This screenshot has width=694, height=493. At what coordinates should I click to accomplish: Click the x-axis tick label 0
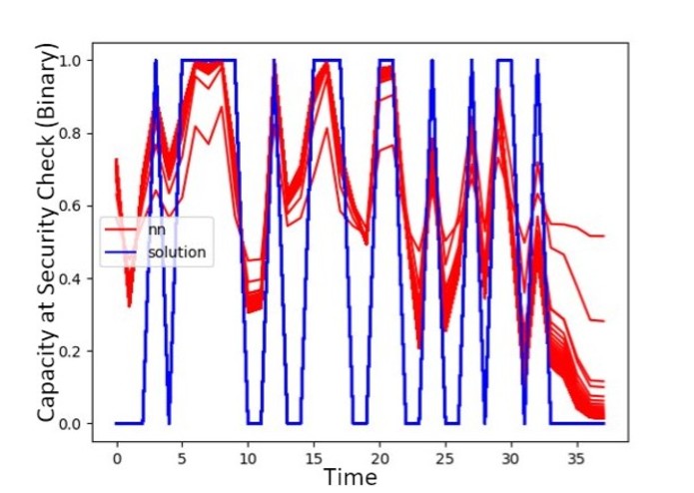[x=117, y=458]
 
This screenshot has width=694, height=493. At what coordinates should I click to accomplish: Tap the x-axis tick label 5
[x=183, y=458]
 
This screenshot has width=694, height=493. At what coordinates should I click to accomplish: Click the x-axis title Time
[x=349, y=478]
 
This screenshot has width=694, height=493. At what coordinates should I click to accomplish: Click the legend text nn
[x=154, y=231]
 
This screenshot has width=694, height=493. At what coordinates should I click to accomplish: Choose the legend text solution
[x=177, y=252]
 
